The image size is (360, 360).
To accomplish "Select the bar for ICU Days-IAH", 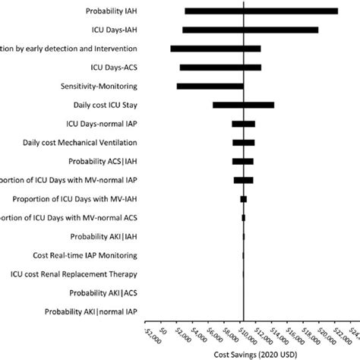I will (251, 30).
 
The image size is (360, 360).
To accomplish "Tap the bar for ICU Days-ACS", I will (220, 67).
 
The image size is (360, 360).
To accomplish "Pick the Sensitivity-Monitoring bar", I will (210, 86).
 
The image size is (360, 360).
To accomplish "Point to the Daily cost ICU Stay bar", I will (243, 105).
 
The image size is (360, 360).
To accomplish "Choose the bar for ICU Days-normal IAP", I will (243, 123).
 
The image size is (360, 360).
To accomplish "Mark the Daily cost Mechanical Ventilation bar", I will (243, 142).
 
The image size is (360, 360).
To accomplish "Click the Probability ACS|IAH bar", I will (242, 161).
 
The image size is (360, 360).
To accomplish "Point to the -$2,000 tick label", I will (148, 334).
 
